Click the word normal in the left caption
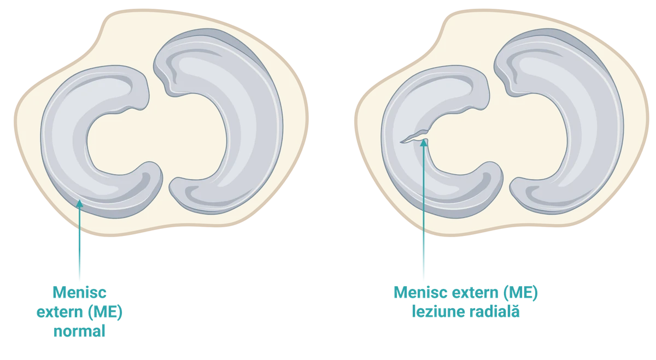pos(79,331)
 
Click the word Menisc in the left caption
pos(79,292)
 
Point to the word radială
pos(494,311)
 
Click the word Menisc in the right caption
pos(421,292)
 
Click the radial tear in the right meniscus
pos(414,137)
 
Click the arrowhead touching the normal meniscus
pos(79,203)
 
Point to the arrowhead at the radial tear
pos(424,143)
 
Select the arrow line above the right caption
pos(424,209)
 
